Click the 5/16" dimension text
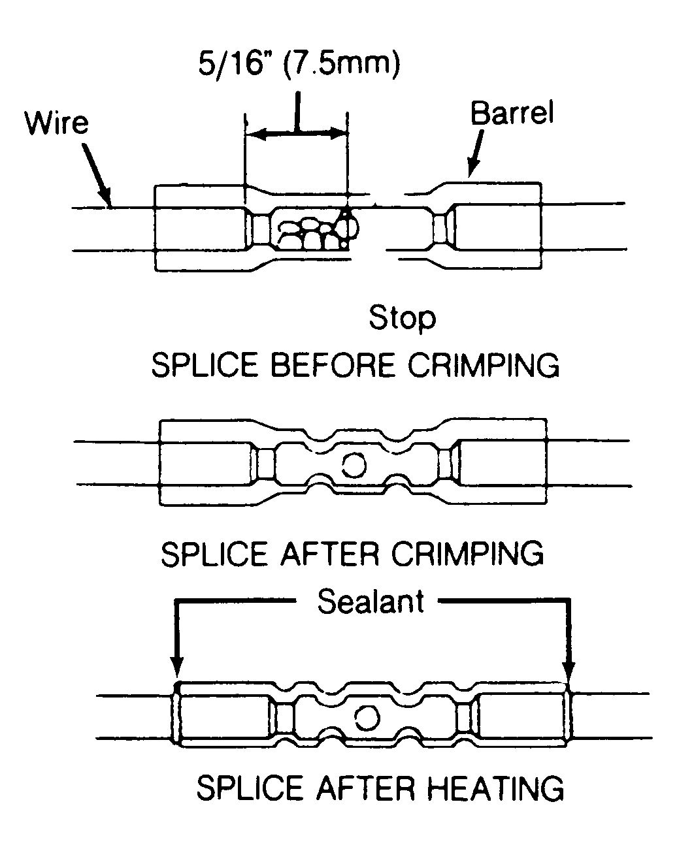click(231, 63)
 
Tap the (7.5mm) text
click(340, 64)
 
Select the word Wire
click(57, 123)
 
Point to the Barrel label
click(512, 114)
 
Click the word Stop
click(402, 318)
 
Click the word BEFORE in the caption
click(333, 365)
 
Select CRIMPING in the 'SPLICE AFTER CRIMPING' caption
click(467, 554)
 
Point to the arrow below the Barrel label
click(475, 153)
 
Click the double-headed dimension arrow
click(297, 134)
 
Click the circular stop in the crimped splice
click(354, 465)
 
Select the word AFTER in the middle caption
click(330, 554)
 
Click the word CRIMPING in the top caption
click(484, 365)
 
